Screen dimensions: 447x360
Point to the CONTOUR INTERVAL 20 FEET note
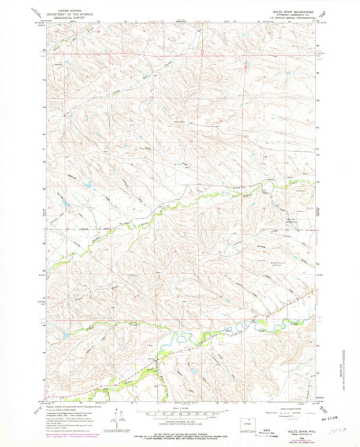[180, 421]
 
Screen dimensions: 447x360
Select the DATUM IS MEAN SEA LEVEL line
[180, 424]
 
